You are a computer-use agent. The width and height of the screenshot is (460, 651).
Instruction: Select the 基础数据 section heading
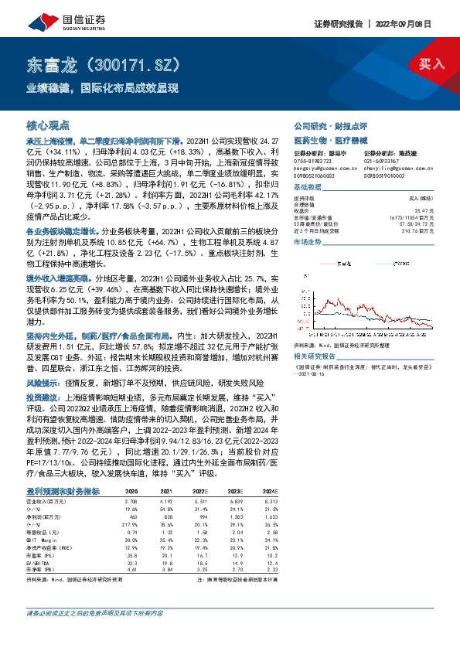pos(307,188)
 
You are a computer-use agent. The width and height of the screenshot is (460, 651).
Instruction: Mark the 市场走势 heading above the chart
pos(307,242)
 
